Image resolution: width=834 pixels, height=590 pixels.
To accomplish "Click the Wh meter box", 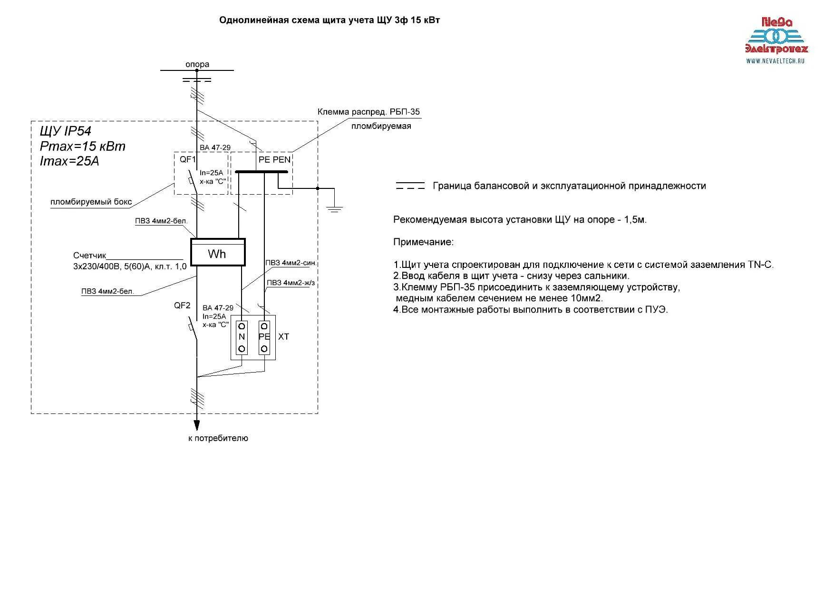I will click(218, 252).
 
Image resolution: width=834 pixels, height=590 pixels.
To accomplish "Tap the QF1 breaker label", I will click(187, 159).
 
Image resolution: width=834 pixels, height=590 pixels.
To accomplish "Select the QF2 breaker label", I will click(182, 305).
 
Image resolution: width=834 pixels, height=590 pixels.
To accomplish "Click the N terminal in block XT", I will click(242, 337).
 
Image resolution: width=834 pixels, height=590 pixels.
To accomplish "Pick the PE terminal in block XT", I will click(264, 337).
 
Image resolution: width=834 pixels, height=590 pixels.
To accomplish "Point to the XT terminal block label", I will click(283, 337).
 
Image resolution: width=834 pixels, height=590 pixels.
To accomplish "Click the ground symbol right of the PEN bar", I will click(335, 207).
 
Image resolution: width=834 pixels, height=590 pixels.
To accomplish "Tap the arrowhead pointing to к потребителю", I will click(196, 424).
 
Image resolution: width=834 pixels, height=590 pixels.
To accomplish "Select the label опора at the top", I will click(197, 64).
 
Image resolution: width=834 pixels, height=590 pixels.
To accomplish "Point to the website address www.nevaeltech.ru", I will click(775, 61).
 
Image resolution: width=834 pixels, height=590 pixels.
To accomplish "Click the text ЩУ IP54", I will click(66, 131).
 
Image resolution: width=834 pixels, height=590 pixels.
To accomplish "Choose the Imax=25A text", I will click(69, 161).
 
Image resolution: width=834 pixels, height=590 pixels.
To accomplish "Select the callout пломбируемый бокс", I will click(91, 202).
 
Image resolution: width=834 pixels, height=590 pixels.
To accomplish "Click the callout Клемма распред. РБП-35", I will click(369, 112).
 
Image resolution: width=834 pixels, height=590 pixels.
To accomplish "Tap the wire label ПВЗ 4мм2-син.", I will click(291, 263).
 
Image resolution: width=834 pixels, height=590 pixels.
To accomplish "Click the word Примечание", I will click(423, 242).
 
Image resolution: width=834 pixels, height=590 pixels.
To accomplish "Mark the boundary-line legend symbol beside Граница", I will click(410, 186).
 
